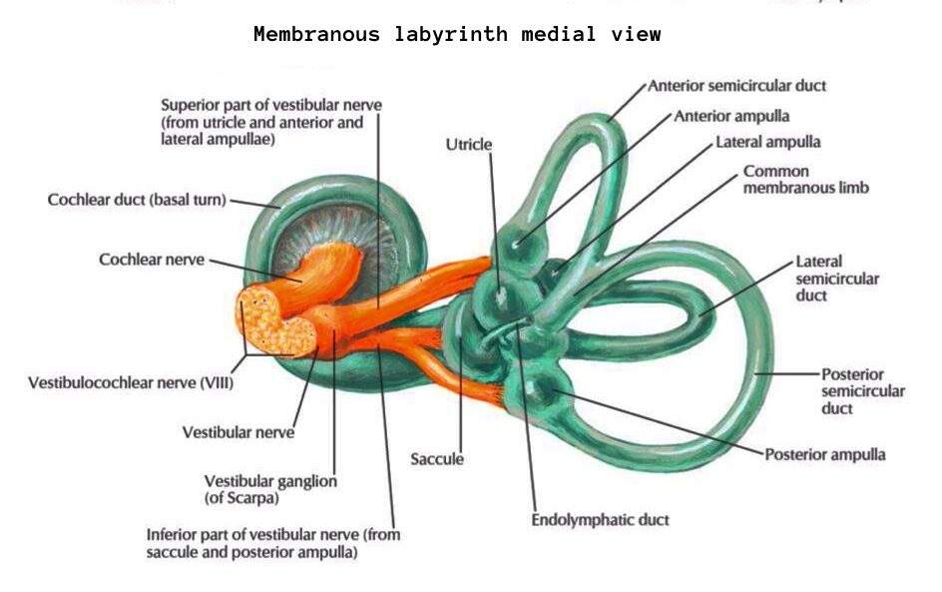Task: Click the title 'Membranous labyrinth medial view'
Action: [456, 35]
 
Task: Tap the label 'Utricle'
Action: [469, 145]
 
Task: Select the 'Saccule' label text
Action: [437, 459]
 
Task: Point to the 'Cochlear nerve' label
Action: [152, 260]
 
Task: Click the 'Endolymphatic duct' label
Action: [600, 520]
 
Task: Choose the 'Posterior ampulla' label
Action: [825, 454]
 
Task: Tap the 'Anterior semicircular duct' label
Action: [737, 86]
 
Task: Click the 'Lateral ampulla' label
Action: [768, 143]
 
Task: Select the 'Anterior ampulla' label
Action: [731, 116]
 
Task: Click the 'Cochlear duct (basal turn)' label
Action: [138, 200]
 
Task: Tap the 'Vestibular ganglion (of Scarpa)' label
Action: [270, 489]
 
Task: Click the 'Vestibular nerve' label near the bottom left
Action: [238, 433]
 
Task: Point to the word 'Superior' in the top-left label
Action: [192, 105]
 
